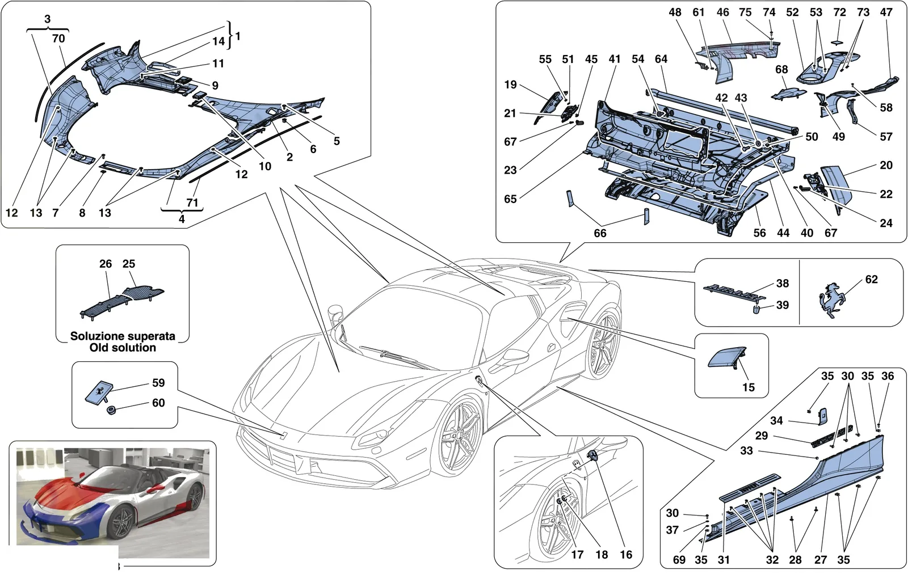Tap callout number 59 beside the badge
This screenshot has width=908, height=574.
click(158, 383)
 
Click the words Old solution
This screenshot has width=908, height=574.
click(123, 348)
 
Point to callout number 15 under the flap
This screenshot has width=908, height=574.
click(749, 387)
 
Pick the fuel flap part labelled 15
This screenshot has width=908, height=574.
click(727, 357)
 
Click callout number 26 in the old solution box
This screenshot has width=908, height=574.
click(106, 264)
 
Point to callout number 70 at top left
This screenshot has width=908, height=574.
click(58, 39)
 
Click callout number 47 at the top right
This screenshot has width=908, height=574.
click(886, 12)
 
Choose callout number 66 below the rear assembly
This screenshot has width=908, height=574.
click(600, 233)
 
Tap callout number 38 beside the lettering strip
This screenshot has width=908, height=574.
click(783, 283)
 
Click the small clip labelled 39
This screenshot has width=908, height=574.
click(756, 310)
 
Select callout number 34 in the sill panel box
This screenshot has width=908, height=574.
click(776, 420)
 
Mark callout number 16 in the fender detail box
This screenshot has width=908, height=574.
click(626, 555)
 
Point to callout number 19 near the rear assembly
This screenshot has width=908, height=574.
click(510, 85)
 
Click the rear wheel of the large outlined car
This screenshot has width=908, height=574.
click(604, 344)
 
